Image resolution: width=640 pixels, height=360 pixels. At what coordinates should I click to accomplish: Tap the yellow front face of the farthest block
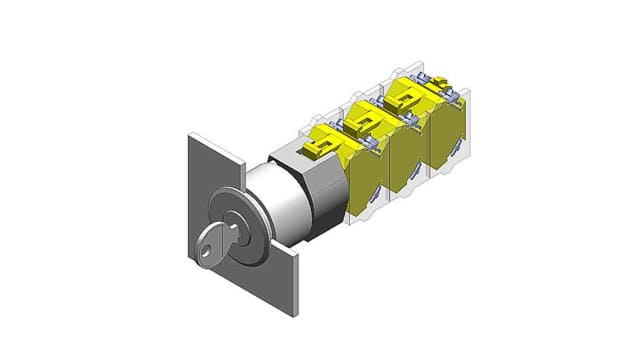(452, 140)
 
